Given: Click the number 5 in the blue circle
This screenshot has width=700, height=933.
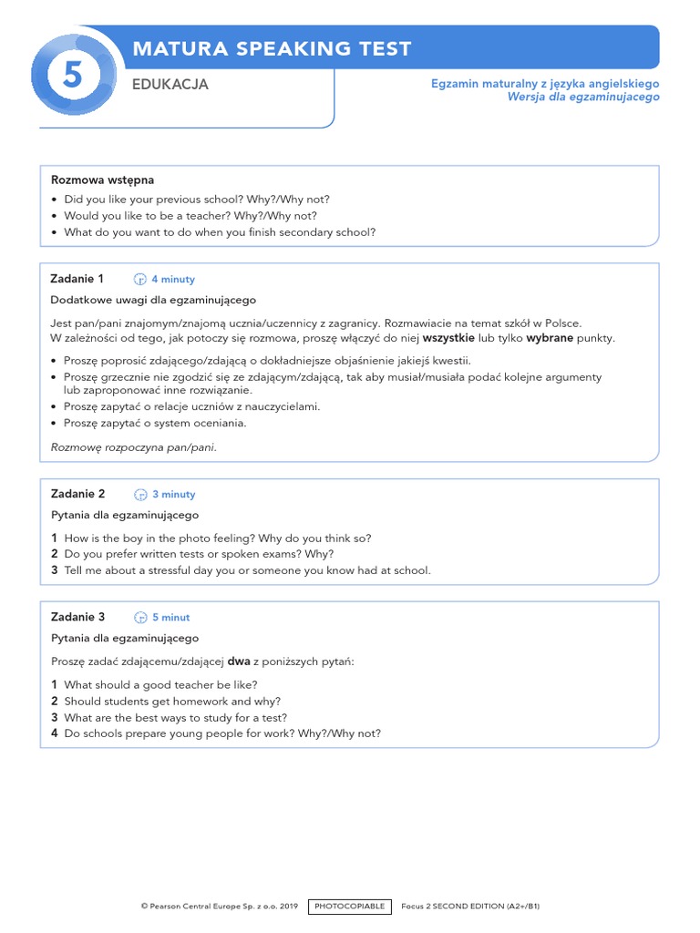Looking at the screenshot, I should click(x=73, y=77).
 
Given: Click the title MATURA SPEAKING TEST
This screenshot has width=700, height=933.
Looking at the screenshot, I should click(x=272, y=49).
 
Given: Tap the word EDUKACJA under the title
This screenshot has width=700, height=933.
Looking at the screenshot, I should click(x=170, y=85).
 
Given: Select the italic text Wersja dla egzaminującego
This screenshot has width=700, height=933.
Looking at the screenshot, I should click(x=583, y=97).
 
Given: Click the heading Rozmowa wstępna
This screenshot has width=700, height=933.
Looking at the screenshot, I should click(x=102, y=180).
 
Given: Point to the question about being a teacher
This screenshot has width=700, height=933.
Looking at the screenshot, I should click(x=190, y=216).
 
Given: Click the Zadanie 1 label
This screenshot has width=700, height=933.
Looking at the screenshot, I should click(x=77, y=279).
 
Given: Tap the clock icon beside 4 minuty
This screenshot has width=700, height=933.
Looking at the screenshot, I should click(x=140, y=280).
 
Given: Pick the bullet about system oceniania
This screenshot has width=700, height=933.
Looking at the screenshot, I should click(x=155, y=423).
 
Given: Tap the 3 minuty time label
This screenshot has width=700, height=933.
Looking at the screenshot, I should click(x=174, y=495).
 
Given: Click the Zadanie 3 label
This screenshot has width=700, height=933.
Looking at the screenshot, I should click(x=78, y=617).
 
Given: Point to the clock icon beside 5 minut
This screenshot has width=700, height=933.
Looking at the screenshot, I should click(x=141, y=618).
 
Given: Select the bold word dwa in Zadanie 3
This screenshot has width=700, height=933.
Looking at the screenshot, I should click(x=239, y=661).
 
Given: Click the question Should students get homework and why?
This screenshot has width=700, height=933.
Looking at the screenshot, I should click(x=172, y=702).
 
